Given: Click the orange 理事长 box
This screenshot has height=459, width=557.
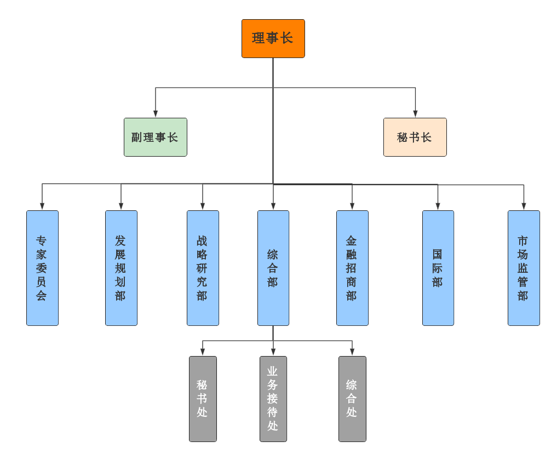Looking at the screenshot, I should tap(273, 38).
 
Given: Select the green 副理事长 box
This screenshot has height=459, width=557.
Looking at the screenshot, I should tap(156, 137).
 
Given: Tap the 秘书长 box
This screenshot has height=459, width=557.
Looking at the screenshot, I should tap(415, 137).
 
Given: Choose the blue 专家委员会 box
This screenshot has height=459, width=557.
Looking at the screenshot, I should tap(42, 268).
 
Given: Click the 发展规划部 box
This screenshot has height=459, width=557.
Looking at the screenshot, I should tap(121, 268).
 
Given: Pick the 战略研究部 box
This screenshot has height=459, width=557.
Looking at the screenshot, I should tap(203, 268).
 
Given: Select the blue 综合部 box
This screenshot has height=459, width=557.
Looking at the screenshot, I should tap(273, 268).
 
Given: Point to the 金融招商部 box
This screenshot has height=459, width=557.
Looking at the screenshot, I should tap(352, 268).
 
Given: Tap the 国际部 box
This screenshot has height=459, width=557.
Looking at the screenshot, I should tap(438, 268).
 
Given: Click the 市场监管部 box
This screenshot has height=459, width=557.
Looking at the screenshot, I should tap(524, 268).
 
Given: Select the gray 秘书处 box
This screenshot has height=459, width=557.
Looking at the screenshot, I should tap(203, 399).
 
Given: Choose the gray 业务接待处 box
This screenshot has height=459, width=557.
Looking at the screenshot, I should tap(273, 399).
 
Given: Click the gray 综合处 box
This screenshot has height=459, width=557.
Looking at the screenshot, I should tap(352, 399).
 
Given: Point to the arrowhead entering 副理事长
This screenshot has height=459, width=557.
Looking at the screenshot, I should tap(156, 114).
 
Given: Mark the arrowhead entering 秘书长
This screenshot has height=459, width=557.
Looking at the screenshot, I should tap(415, 114).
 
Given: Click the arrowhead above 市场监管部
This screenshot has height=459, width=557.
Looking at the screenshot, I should tap(524, 206).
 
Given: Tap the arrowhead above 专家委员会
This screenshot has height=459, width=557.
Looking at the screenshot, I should tap(42, 206).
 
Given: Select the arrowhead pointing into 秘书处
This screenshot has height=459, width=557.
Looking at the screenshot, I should tap(203, 352).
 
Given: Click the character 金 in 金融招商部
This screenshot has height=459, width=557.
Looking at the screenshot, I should tap(352, 240).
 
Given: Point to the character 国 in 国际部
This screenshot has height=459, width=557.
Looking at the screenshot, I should tap(438, 254).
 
